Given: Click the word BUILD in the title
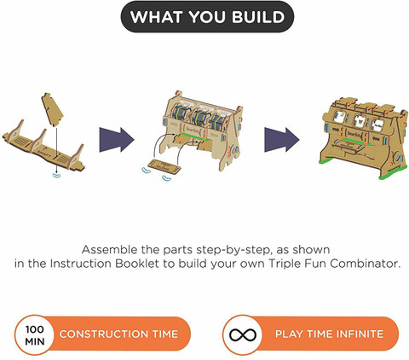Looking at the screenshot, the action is point(258,17).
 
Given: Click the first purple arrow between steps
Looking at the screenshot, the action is point(117,140).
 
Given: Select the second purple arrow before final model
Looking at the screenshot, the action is point(282,140).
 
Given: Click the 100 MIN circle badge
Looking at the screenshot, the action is point(35,334).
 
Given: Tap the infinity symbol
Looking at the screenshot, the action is point(243,335).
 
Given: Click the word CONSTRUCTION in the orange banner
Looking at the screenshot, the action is point(104,334).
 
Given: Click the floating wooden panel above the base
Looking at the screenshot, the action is point(52,108).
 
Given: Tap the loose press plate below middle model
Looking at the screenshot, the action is point(165,166).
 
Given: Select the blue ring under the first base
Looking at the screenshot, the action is point(57,175).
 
